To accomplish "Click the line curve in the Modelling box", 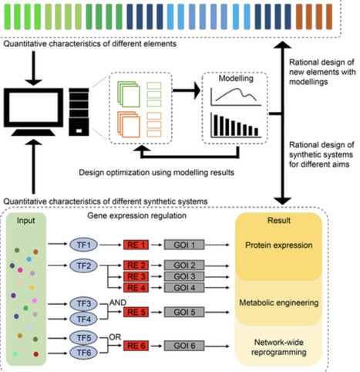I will point(228,96).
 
